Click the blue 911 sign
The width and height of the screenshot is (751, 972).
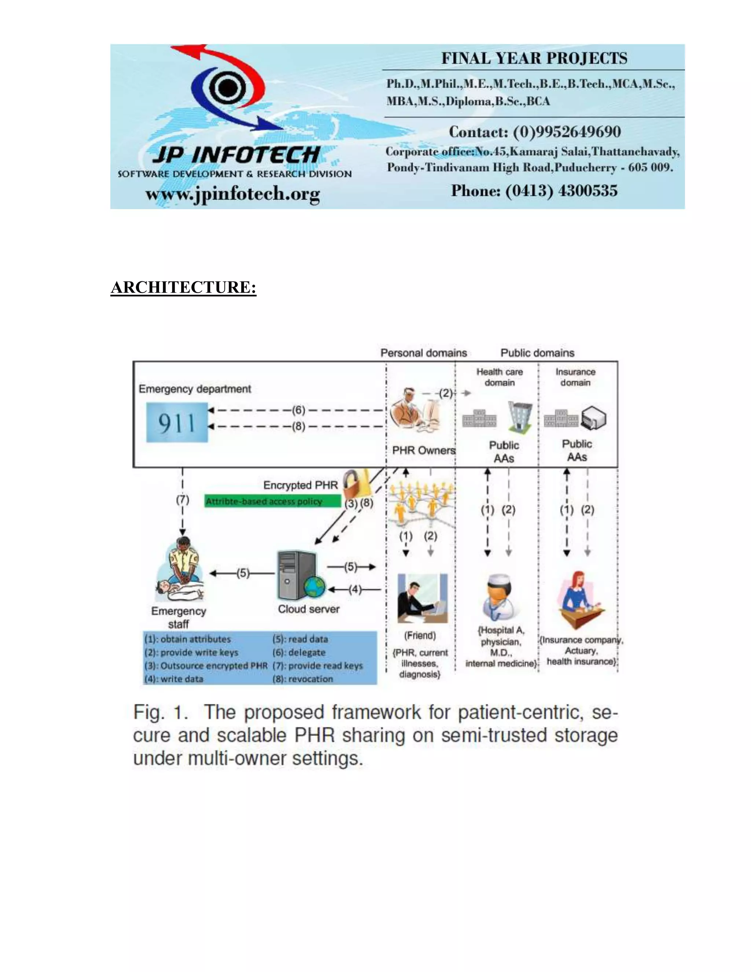point(177,422)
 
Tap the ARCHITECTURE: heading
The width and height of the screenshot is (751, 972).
point(183,288)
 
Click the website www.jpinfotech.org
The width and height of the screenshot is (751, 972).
point(233,194)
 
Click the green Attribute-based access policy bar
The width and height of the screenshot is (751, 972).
point(272,501)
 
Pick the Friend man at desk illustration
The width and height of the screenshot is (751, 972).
point(422,599)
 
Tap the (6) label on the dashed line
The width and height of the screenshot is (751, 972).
point(298,410)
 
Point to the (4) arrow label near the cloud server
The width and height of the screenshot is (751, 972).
point(355,589)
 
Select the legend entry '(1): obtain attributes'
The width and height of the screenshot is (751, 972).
point(187,639)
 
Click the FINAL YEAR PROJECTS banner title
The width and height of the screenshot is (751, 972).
point(534,58)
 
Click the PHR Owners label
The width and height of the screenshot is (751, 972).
point(424,450)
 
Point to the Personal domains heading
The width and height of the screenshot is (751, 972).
point(424,353)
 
